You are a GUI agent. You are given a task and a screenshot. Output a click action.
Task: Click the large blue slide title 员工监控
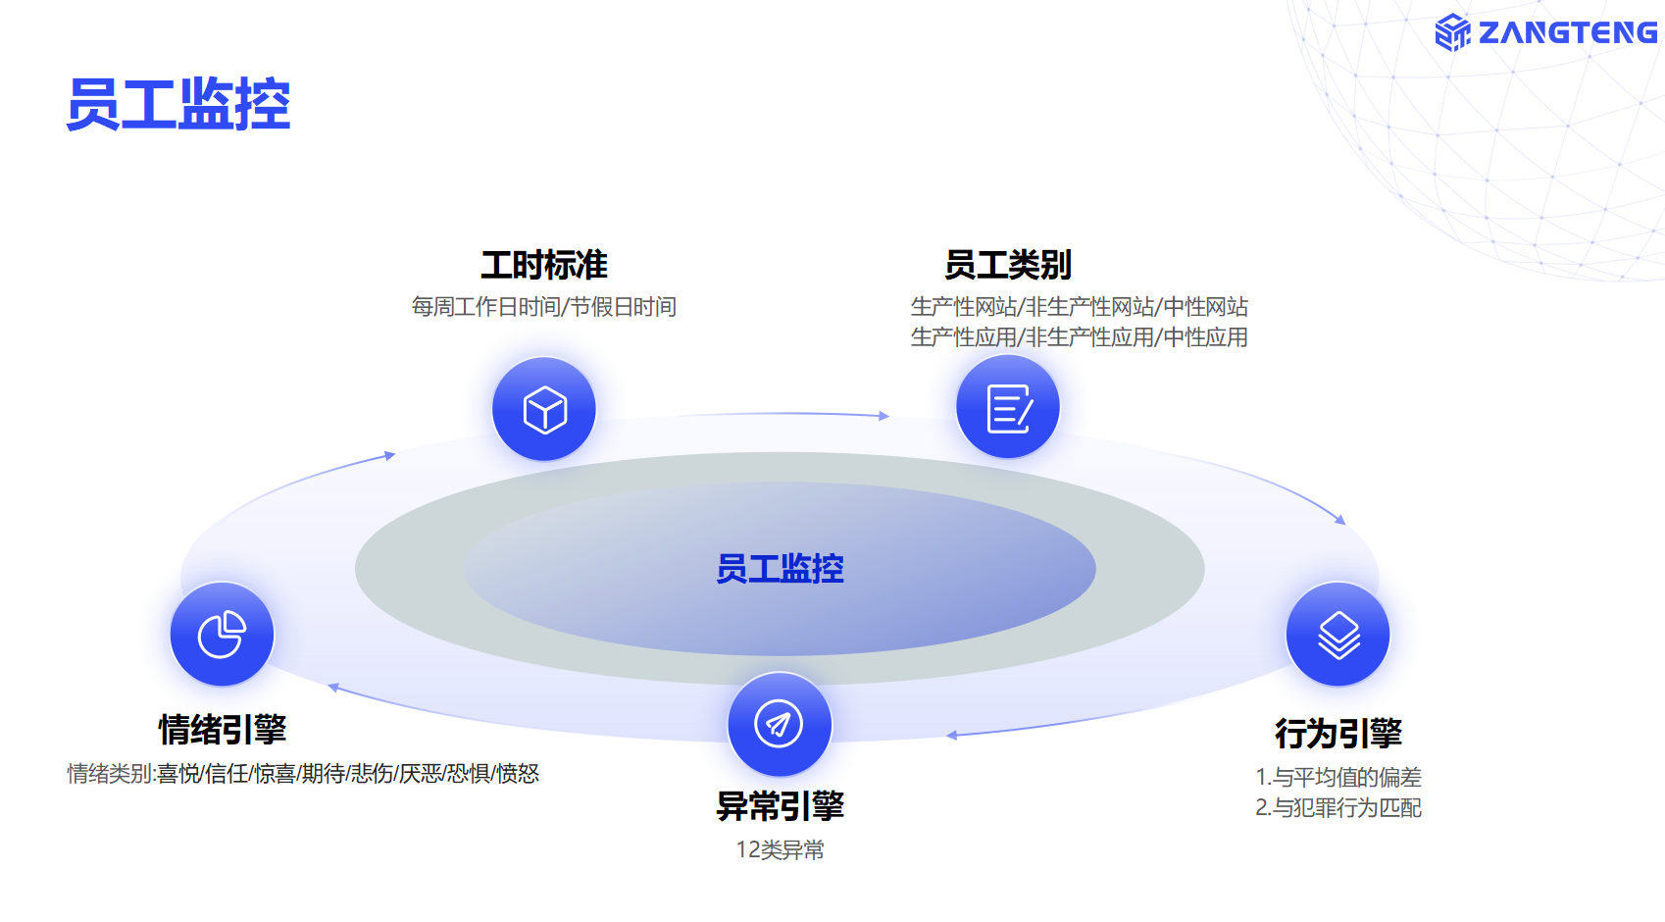click(x=178, y=105)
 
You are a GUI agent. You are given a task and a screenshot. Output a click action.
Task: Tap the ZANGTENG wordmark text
click(x=1568, y=32)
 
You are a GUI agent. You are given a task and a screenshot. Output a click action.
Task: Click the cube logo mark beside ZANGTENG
click(x=1451, y=32)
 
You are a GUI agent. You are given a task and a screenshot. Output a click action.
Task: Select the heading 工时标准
click(x=544, y=266)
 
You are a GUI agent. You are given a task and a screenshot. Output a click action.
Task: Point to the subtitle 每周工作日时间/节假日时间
click(x=544, y=307)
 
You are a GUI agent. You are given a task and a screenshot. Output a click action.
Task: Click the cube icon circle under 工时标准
click(x=544, y=409)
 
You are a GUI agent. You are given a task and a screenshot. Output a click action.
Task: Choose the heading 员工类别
click(x=1008, y=266)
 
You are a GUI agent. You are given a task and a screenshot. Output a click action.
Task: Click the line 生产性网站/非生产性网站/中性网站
click(x=1080, y=307)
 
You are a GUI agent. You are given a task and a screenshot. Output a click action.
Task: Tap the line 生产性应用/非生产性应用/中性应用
click(x=1080, y=337)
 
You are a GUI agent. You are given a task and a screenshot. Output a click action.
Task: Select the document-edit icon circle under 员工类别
click(x=1008, y=407)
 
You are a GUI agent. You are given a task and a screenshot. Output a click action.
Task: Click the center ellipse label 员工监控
click(x=780, y=569)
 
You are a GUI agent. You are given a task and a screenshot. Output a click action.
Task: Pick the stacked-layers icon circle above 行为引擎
click(x=1337, y=635)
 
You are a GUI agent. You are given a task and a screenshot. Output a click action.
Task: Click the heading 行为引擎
click(x=1337, y=734)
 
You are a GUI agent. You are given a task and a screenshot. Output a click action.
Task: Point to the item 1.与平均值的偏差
click(x=1337, y=778)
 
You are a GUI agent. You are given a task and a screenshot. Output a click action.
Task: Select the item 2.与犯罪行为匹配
click(x=1337, y=808)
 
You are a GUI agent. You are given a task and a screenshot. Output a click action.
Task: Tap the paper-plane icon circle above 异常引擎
click(x=780, y=724)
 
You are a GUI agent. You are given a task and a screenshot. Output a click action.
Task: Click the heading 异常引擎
click(x=780, y=806)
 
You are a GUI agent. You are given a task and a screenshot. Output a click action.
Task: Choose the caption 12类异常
click(x=780, y=849)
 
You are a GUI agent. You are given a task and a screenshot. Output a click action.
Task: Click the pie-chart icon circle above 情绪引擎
click(x=223, y=635)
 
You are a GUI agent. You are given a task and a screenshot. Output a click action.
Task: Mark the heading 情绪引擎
click(x=223, y=730)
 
